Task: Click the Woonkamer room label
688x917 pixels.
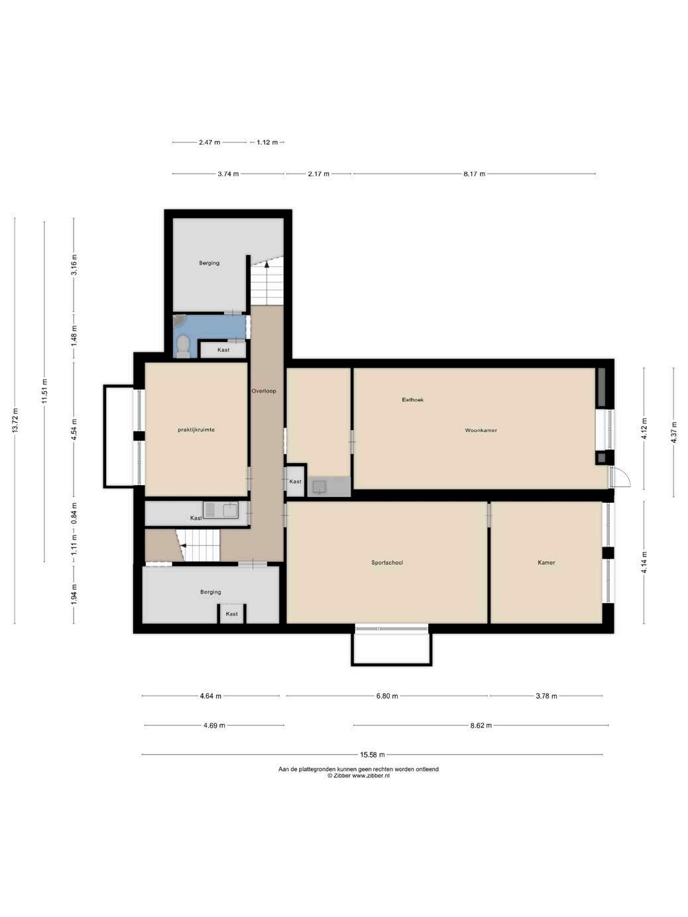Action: (x=481, y=430)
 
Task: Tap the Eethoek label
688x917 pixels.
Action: (x=413, y=400)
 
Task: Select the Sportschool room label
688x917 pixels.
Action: (x=387, y=563)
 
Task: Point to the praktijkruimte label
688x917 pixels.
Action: (x=196, y=429)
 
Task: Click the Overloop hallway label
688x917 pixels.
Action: (x=264, y=391)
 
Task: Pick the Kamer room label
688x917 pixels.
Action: (x=546, y=563)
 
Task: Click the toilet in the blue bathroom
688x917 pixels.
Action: (x=183, y=347)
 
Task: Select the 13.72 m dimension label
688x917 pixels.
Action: (x=15, y=420)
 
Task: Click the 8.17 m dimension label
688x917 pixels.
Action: (x=474, y=174)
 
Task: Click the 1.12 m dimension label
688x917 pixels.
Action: (x=267, y=142)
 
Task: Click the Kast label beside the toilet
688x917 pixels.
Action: (x=223, y=350)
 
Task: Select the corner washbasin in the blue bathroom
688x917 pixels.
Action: (x=179, y=321)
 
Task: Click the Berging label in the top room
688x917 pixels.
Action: (x=209, y=263)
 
